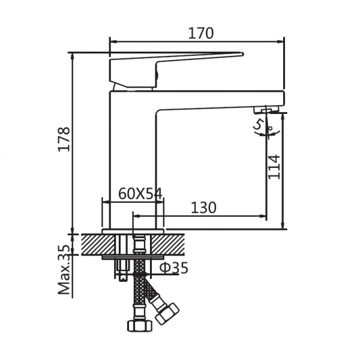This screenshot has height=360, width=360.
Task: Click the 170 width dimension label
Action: tap(201, 33)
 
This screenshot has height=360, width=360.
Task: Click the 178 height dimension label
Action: tap(64, 139)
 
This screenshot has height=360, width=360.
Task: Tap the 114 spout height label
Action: tap(274, 167)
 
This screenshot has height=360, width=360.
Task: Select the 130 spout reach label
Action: tap(203, 208)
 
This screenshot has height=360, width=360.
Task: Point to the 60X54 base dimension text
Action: tap(140, 194)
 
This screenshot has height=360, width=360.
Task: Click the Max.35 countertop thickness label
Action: tap(64, 269)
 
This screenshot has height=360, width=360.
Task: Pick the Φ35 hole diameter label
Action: tap(174, 268)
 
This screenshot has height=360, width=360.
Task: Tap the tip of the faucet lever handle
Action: tap(242, 54)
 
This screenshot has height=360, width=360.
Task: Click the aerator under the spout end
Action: tap(266, 109)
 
